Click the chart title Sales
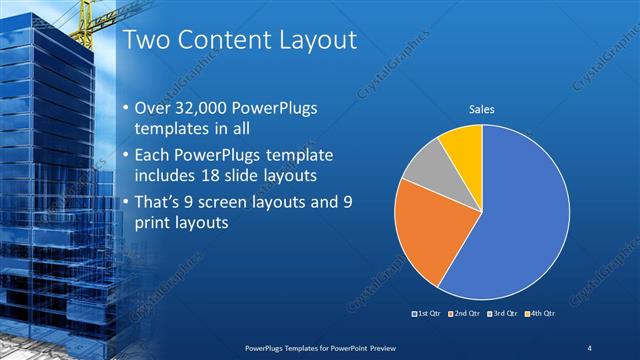(482, 110)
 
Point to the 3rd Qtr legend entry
(504, 314)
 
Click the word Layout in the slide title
(309, 41)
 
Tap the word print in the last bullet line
(152, 223)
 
